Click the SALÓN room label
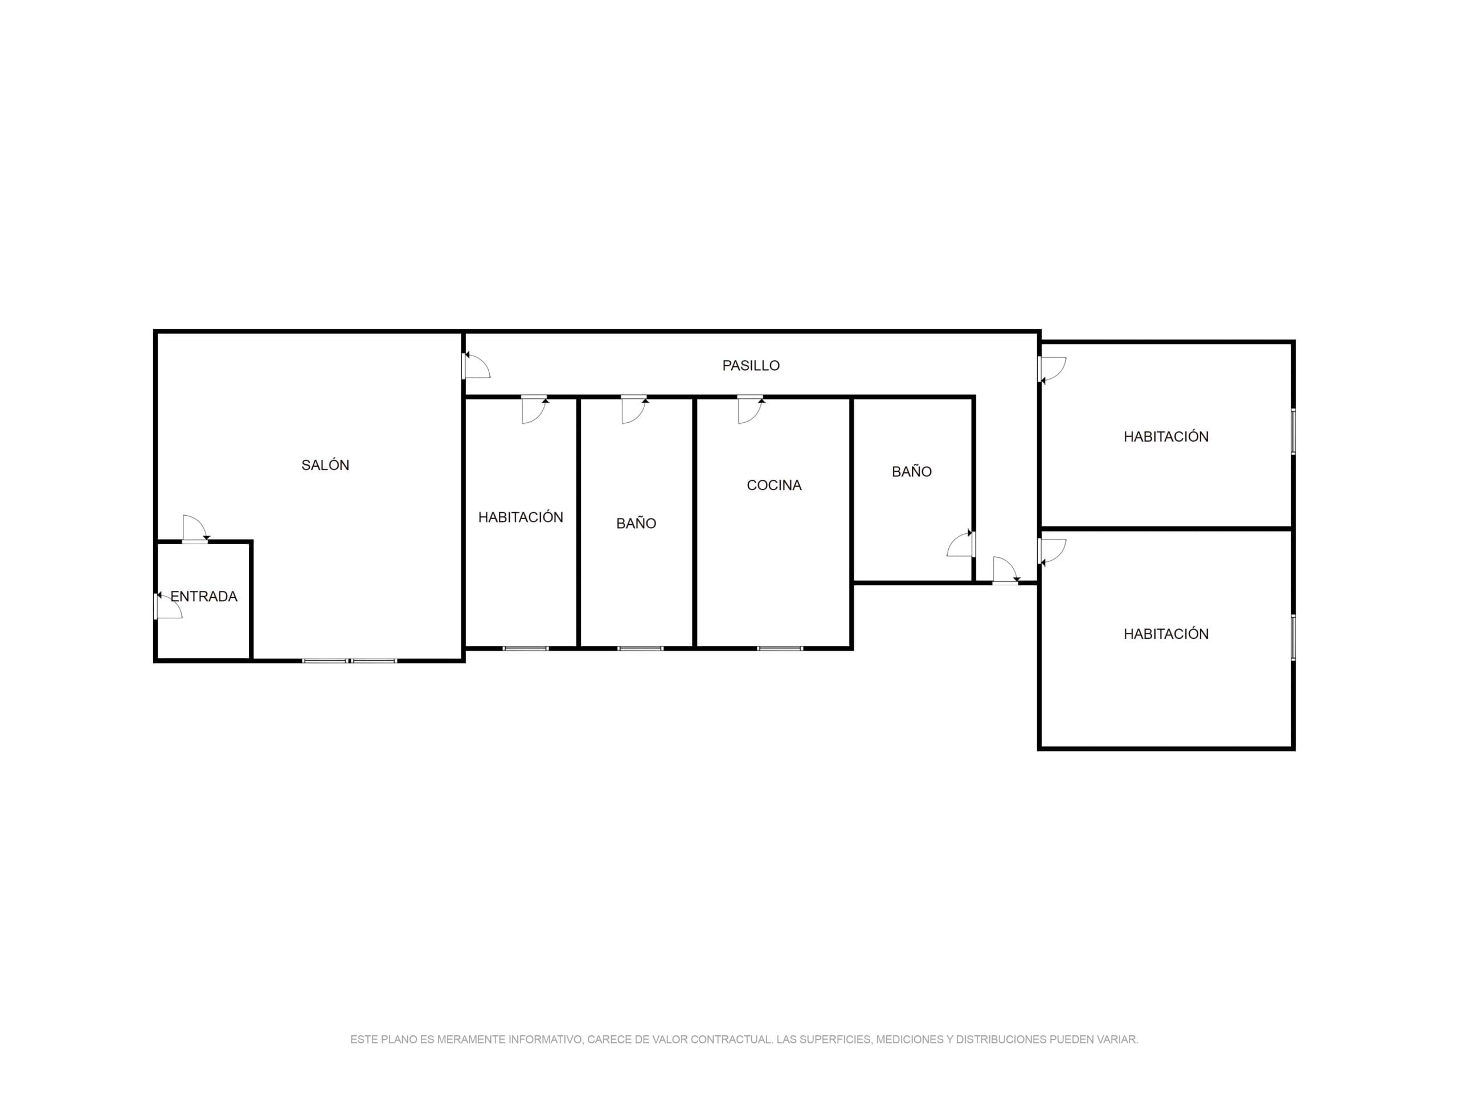pos(325,465)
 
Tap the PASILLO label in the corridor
pos(751,365)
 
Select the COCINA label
pos(774,485)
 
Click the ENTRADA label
pos(204,596)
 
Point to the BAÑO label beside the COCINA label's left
pos(636,523)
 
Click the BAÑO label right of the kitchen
pos(912,471)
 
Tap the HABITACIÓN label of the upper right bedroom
pos(1166,436)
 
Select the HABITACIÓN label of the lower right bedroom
pos(1166,634)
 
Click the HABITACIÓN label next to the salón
pos(521,517)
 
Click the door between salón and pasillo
pos(476,365)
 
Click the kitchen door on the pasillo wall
pos(751,410)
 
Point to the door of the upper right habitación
pos(1052,370)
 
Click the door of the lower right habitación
pos(1052,552)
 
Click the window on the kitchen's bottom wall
pos(780,648)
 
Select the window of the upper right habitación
pos(1293,432)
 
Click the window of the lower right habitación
pos(1293,638)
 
